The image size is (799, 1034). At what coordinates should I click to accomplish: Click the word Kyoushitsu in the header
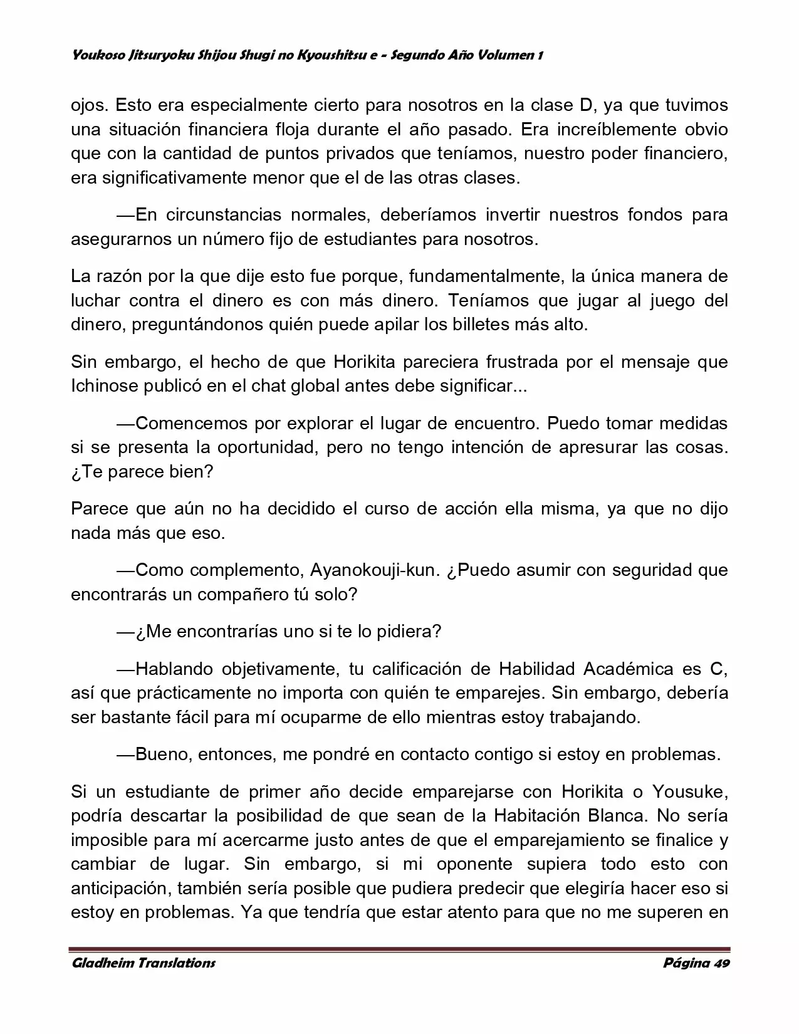329,55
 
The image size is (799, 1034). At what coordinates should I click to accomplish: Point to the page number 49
721,963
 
